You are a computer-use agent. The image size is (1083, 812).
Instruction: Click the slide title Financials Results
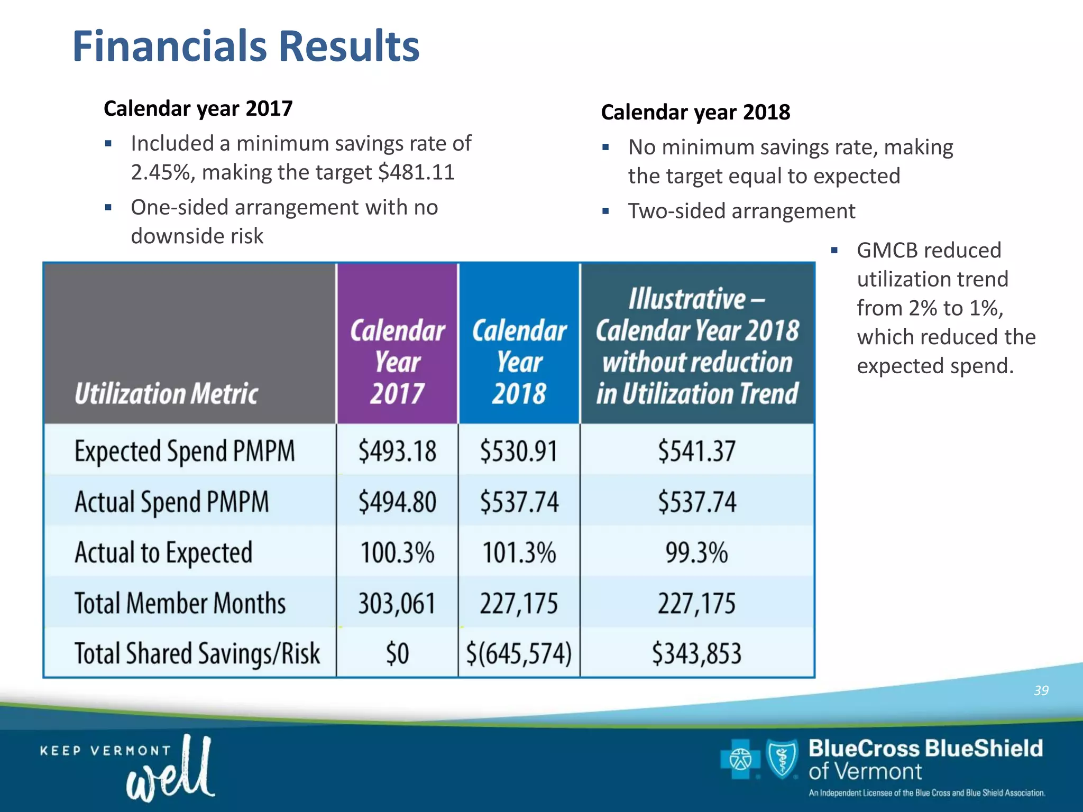click(246, 47)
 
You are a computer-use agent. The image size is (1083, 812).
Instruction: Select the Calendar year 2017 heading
click(198, 109)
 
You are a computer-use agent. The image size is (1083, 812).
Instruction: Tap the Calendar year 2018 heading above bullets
click(695, 113)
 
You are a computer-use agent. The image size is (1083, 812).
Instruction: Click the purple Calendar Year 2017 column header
click(397, 362)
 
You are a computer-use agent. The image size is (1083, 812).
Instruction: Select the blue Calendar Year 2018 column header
click(519, 362)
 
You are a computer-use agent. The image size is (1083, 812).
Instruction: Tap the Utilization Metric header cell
click(166, 394)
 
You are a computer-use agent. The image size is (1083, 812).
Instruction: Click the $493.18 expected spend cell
click(397, 451)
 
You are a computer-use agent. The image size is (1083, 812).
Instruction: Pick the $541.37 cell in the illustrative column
click(696, 451)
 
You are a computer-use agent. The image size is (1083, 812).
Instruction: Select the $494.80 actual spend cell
click(397, 502)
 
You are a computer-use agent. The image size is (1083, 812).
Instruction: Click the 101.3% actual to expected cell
click(519, 552)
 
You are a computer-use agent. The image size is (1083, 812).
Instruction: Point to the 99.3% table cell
click(696, 552)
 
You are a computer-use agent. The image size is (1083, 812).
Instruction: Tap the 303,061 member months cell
click(397, 603)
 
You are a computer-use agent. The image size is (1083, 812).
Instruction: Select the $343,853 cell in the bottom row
click(696, 653)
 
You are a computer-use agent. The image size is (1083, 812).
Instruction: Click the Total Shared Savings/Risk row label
click(197, 653)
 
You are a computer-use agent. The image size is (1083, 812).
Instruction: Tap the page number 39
click(1041, 690)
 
